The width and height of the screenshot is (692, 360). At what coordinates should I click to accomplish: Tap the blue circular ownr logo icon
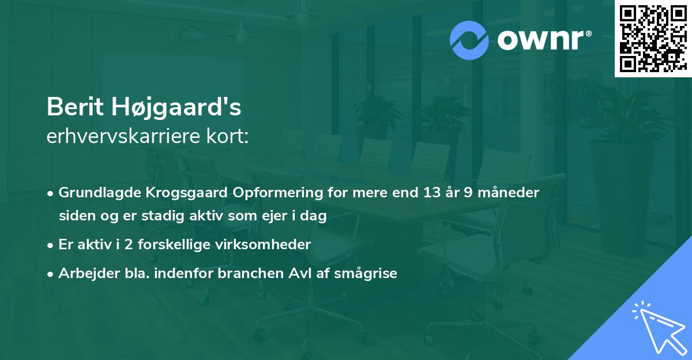coord(469,40)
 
